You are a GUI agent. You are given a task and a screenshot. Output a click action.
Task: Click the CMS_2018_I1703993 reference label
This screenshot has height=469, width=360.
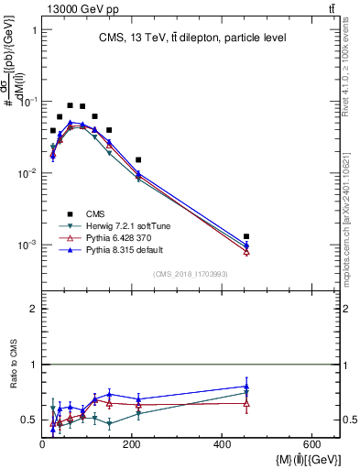[x=190, y=273]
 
